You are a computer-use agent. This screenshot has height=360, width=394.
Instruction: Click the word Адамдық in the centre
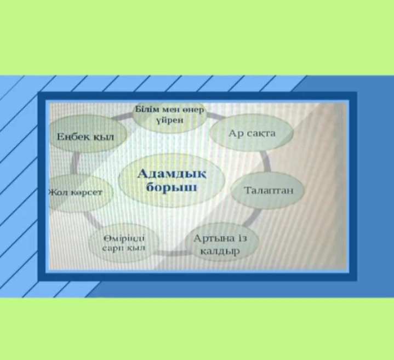[172, 174]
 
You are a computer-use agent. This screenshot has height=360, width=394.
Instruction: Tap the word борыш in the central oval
[172, 187]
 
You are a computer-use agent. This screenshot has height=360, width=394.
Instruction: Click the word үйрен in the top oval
[170, 120]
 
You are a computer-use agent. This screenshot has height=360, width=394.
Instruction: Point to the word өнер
[193, 110]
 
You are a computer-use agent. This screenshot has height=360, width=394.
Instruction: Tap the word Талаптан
[269, 191]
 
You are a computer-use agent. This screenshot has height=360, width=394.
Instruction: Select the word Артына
[214, 238]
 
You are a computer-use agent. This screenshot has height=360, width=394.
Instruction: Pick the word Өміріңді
[124, 238]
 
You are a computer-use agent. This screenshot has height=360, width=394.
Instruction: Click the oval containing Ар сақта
[252, 133]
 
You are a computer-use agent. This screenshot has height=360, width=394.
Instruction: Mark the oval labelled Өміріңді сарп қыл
[124, 243]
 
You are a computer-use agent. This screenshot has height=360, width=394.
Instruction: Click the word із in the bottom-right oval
[242, 238]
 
